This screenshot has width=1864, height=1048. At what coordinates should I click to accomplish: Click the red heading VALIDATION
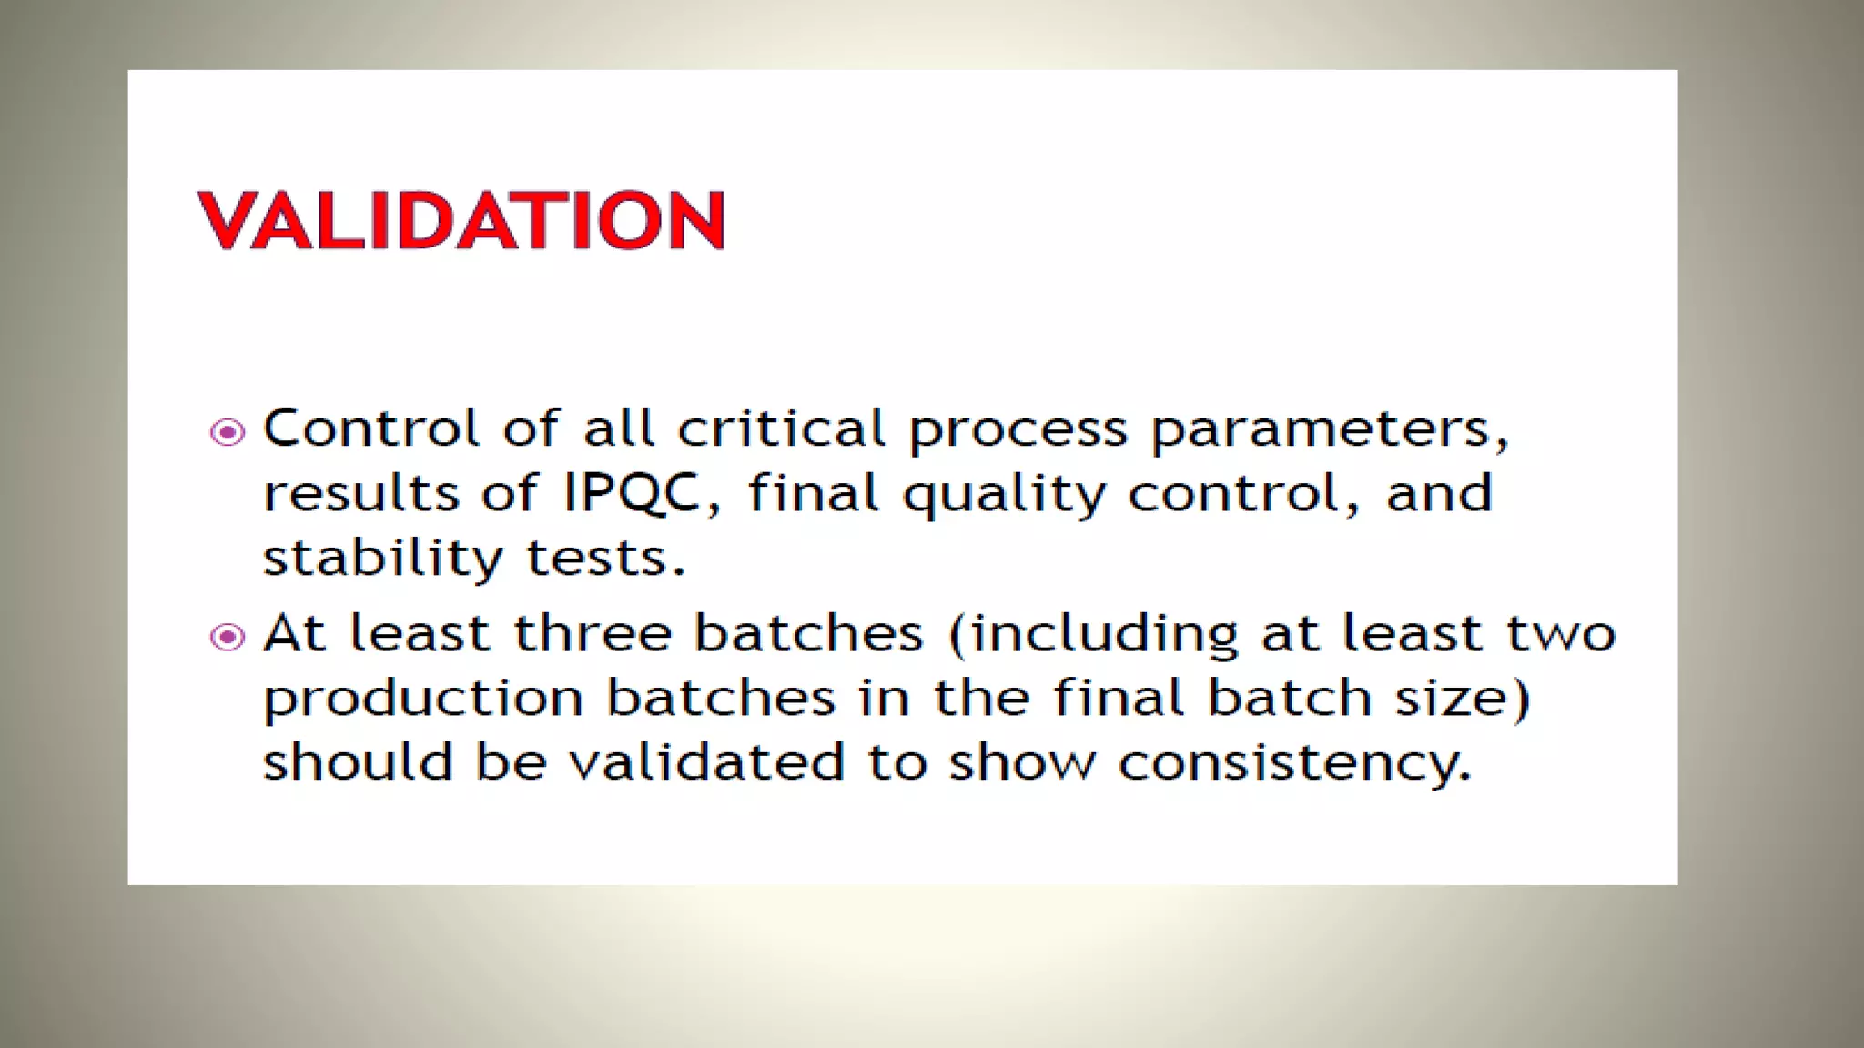point(461,220)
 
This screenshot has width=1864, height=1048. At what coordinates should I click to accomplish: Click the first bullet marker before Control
point(228,431)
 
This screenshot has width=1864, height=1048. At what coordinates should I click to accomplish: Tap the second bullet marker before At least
point(228,637)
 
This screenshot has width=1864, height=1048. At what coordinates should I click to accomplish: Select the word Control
point(370,428)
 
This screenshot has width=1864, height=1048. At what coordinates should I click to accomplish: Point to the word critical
point(781,428)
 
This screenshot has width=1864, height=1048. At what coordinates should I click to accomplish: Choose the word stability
point(382,558)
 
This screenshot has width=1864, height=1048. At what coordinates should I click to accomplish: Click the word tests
point(606,558)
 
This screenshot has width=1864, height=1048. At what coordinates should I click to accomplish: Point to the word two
point(1561,633)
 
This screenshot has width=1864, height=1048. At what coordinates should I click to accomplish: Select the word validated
point(707,761)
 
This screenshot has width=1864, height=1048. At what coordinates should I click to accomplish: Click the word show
point(1023,761)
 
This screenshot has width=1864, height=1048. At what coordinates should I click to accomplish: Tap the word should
point(358,761)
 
